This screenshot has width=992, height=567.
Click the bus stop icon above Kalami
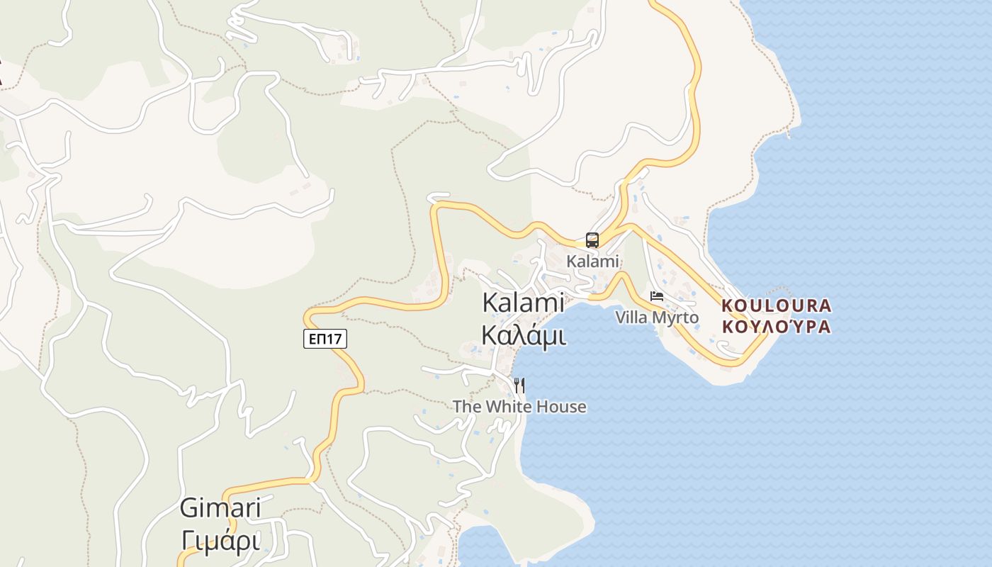coord(592,240)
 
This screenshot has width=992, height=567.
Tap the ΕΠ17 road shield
coord(325,339)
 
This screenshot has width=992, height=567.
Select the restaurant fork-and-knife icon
coord(519,386)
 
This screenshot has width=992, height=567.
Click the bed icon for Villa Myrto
coord(657,296)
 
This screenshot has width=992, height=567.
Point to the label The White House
coord(519,407)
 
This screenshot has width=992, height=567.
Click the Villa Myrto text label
coord(657,318)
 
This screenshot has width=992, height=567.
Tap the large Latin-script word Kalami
coord(523,303)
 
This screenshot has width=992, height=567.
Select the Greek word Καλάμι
coord(523,335)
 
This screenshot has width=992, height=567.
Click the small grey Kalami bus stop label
coord(592,262)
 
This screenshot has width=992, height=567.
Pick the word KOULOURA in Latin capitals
coord(776,306)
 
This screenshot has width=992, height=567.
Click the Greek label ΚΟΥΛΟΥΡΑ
coord(776,327)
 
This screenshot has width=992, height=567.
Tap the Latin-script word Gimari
coord(220,508)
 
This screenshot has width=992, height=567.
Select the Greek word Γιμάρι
coord(220,540)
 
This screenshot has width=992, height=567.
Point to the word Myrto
coord(675,318)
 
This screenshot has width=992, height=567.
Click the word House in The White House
coord(561,407)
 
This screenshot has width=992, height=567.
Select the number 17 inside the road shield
coord(334,339)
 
